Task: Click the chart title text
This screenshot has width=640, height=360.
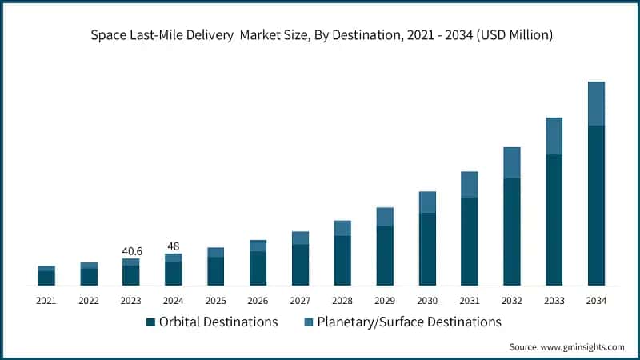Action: [320, 35]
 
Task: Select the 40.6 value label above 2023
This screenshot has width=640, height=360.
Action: [131, 251]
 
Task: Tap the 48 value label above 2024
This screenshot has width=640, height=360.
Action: [174, 246]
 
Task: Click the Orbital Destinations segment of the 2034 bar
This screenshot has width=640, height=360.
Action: [596, 205]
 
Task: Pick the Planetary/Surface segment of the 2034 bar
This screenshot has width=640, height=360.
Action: [596, 103]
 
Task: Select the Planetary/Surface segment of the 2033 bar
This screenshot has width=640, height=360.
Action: [554, 136]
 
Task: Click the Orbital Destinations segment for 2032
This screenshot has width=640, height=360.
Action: [511, 231]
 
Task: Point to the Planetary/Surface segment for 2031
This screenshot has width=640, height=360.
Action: [469, 184]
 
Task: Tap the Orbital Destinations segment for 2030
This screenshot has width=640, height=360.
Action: [427, 249]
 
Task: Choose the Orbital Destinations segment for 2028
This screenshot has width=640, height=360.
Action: [342, 260]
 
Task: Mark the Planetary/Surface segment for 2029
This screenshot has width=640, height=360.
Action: [385, 217]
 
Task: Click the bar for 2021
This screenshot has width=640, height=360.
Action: [46, 276]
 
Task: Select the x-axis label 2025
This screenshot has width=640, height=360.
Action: [216, 301]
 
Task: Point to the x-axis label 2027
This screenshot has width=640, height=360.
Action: [300, 301]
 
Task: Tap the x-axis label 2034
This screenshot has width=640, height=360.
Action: [596, 301]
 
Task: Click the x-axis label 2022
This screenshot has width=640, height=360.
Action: [89, 301]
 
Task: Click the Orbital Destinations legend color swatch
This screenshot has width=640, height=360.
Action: [150, 322]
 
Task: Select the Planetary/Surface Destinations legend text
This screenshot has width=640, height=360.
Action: [409, 322]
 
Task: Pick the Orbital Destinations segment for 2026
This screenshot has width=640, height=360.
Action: [258, 268]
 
